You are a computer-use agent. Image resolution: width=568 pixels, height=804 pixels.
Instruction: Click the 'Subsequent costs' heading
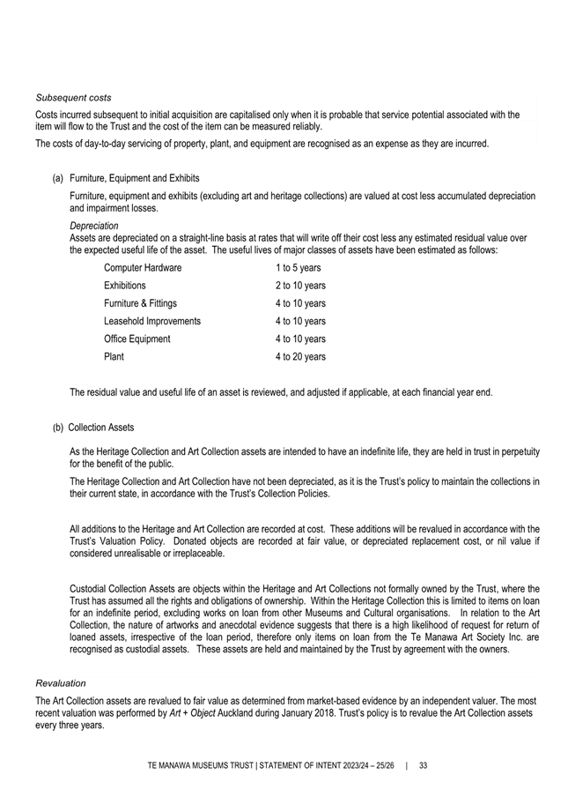click(x=73, y=97)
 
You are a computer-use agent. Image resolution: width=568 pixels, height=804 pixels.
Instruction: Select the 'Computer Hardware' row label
click(x=143, y=268)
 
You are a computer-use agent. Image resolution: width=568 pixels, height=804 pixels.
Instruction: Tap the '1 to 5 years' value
click(x=298, y=268)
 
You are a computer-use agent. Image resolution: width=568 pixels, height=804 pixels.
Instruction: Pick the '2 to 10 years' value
click(x=300, y=286)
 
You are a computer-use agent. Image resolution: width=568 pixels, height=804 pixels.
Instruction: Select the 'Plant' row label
click(x=114, y=357)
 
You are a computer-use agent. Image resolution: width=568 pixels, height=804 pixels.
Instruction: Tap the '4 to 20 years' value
click(x=300, y=357)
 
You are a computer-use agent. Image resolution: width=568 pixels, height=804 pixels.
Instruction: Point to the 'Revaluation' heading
click(x=60, y=683)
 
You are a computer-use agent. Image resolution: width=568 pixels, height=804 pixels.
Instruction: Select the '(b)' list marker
click(x=57, y=428)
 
